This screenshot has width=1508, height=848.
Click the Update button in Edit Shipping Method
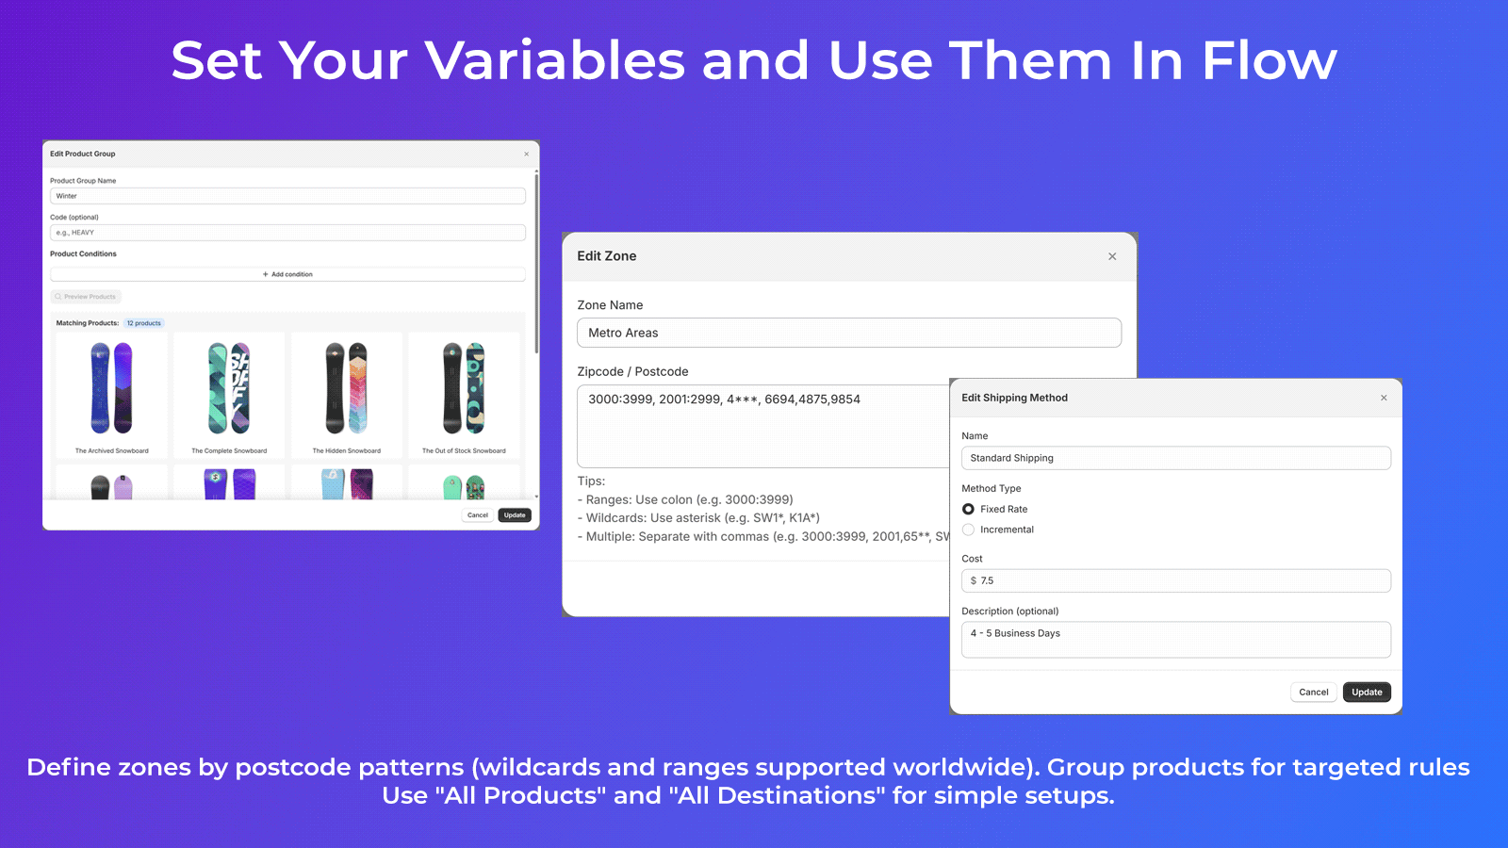pyautogui.click(x=1367, y=692)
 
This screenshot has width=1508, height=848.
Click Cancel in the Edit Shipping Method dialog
pyautogui.click(x=1313, y=692)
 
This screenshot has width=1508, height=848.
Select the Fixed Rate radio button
pyautogui.click(x=968, y=509)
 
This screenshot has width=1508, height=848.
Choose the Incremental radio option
pyautogui.click(x=968, y=530)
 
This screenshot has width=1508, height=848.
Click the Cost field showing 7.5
pyautogui.click(x=1175, y=580)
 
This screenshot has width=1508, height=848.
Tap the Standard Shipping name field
pyautogui.click(x=1175, y=458)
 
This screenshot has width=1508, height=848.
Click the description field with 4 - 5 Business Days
pyautogui.click(x=1175, y=639)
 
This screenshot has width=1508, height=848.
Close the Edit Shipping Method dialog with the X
pyautogui.click(x=1384, y=398)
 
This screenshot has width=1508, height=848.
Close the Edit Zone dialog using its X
pyautogui.click(x=1112, y=256)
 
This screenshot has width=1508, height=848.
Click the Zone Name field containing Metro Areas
pyautogui.click(x=848, y=333)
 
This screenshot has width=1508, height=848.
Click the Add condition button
pyautogui.click(x=287, y=274)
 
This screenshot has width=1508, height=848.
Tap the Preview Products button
pyautogui.click(x=86, y=297)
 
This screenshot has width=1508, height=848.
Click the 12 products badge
pyautogui.click(x=144, y=323)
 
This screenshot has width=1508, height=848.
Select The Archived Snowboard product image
pyautogui.click(x=111, y=388)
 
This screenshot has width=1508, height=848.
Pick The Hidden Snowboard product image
pyautogui.click(x=346, y=388)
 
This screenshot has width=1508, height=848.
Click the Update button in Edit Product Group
pyautogui.click(x=515, y=515)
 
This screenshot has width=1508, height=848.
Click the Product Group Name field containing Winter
pyautogui.click(x=287, y=196)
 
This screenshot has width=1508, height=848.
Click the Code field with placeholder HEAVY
pyautogui.click(x=287, y=233)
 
